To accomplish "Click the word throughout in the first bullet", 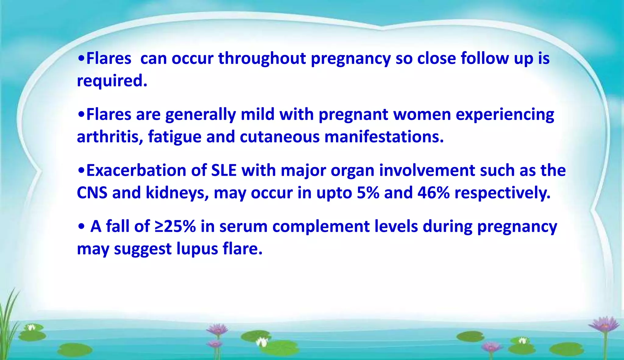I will (262, 59).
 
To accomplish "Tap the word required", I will (112, 81).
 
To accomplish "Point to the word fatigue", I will (175, 137).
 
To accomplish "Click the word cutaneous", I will (279, 137).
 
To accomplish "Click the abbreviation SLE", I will (224, 171).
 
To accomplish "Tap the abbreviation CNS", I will (92, 193).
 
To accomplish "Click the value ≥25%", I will (175, 227).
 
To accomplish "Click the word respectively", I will (502, 193).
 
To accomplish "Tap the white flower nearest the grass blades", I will (31, 328).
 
